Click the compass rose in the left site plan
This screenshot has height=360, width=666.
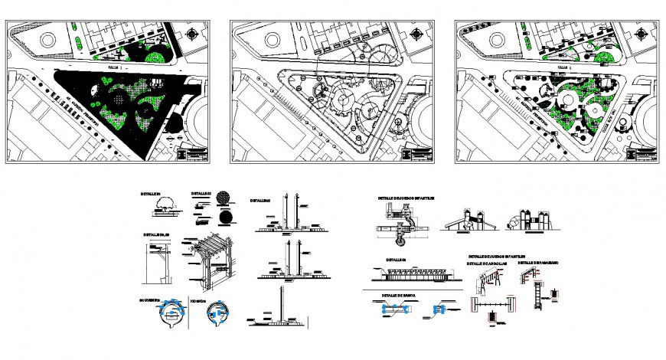pos(191,34)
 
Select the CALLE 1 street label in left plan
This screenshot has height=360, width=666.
pos(115,67)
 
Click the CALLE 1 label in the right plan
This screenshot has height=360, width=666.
pos(564,67)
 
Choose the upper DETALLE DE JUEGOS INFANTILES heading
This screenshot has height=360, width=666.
pos(406,198)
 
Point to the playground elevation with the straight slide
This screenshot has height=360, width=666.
pos(466,220)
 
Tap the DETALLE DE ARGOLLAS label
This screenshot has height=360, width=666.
pos(488,264)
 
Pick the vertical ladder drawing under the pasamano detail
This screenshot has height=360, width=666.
pos(538,295)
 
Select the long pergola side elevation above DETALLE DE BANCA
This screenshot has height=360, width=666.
pos(414,273)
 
